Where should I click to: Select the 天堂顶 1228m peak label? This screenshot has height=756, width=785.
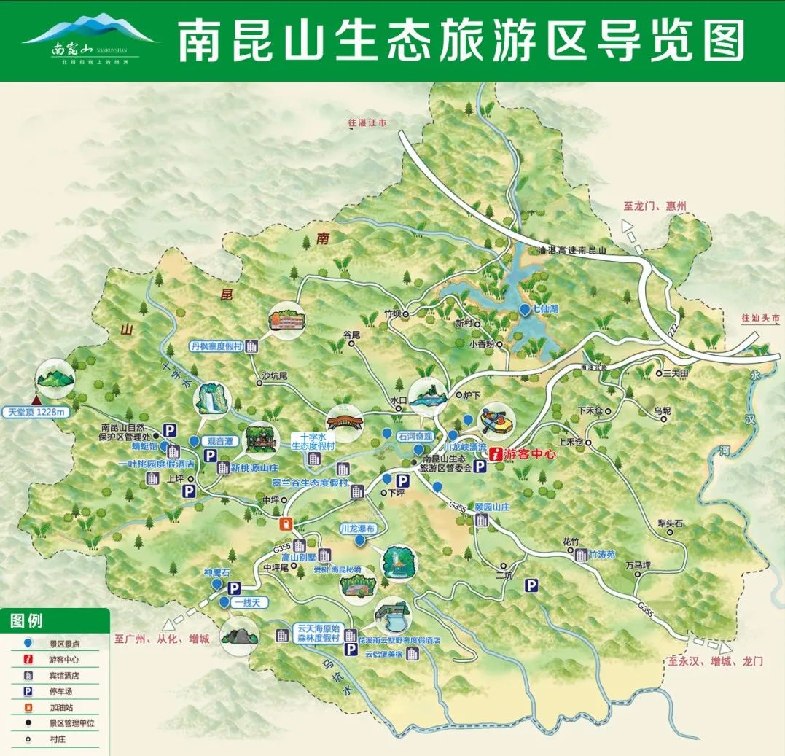36,413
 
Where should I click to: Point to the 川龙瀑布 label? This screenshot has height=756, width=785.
358,528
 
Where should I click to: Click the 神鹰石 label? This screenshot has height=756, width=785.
216,573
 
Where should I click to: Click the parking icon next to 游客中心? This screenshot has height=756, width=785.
480,467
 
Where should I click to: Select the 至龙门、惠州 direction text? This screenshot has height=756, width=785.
656,206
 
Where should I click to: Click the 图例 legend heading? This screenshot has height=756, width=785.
27,620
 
